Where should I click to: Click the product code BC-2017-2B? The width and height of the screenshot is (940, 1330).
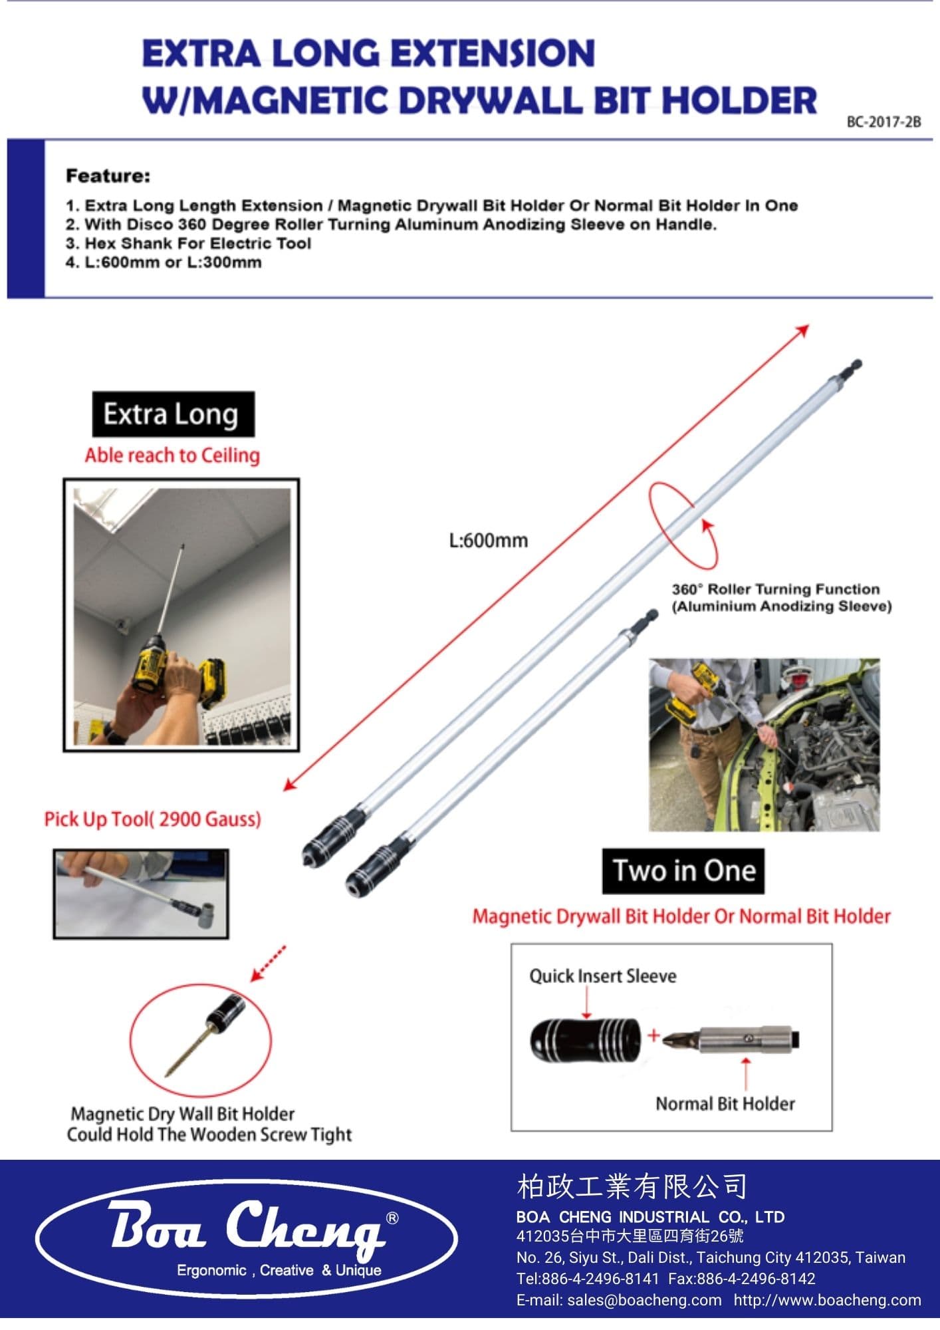coord(883,122)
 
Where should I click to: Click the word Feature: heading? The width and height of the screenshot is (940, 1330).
coord(108,176)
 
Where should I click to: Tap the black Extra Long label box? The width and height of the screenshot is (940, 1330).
coord(173,414)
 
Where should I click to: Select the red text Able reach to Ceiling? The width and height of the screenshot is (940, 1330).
coord(172,456)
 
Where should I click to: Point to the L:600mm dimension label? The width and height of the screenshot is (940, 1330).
coord(489,540)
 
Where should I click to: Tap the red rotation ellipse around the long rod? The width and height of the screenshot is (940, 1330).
coord(683,525)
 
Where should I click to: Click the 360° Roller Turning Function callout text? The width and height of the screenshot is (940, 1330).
coord(775,589)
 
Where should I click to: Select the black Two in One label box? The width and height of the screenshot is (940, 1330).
coord(683,870)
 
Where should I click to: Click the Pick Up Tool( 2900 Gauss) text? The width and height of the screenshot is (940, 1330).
coord(152,819)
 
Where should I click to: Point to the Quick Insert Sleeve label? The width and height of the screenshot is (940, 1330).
coord(602,976)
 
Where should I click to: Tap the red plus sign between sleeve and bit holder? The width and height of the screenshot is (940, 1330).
coord(653,1035)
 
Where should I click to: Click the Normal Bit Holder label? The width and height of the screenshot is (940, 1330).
coord(725,1104)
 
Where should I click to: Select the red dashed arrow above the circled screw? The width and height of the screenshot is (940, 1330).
coord(269,963)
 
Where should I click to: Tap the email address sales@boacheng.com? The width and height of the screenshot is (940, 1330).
coord(618,1300)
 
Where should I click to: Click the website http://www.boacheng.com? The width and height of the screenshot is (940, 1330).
coord(827,1300)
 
